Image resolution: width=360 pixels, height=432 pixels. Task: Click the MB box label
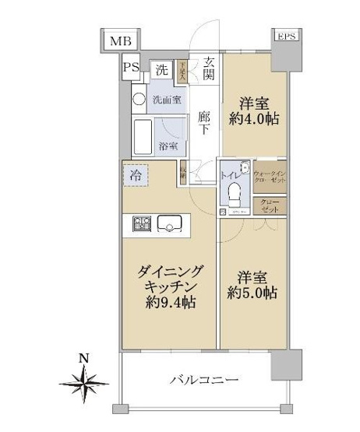[x=120, y=41]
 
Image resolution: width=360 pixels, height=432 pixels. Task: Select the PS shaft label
[x=131, y=68]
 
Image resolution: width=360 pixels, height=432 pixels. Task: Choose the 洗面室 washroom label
[x=166, y=100]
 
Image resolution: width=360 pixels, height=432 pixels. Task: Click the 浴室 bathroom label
[x=168, y=146]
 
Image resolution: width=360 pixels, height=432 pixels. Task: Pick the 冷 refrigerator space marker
[x=136, y=175]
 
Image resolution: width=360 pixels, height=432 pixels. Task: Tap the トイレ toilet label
[x=231, y=176]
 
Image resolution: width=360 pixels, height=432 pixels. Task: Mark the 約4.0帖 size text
[x=253, y=120]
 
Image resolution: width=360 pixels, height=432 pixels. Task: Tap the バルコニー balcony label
[x=202, y=381]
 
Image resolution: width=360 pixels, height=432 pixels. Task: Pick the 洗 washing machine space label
[x=161, y=69]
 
